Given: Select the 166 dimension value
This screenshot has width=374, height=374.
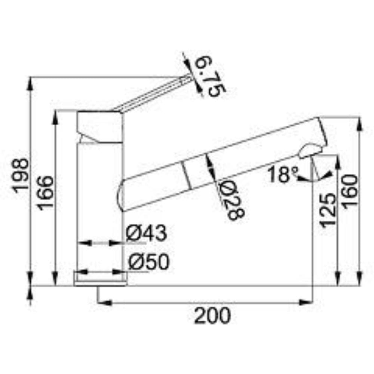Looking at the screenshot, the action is (45, 193).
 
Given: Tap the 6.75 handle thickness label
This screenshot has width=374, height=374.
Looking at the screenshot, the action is (210, 76).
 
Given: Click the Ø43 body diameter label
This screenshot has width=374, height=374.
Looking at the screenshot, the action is (146, 233).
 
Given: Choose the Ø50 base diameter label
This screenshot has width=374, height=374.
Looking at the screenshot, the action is (149, 262).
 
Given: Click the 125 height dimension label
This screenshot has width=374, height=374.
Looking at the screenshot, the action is (328, 210).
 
